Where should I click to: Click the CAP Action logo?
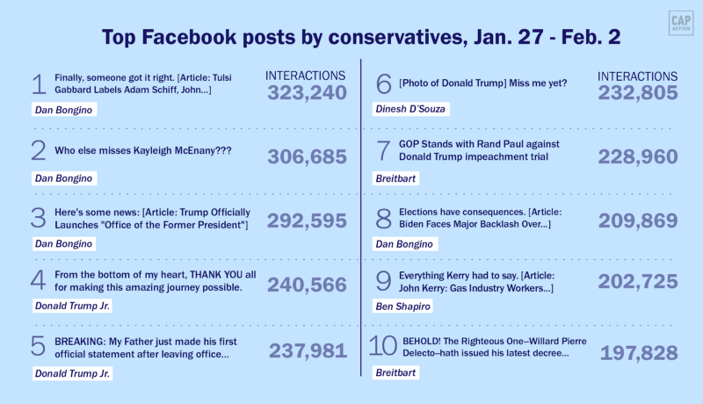coord(677,24)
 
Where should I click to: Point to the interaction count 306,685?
coord(308,156)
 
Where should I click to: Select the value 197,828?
coord(639,352)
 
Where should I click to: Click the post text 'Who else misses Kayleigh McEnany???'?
coord(143,150)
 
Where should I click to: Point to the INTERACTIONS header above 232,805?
coord(638,76)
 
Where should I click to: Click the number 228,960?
coord(639,156)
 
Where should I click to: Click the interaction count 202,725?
coord(639,282)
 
